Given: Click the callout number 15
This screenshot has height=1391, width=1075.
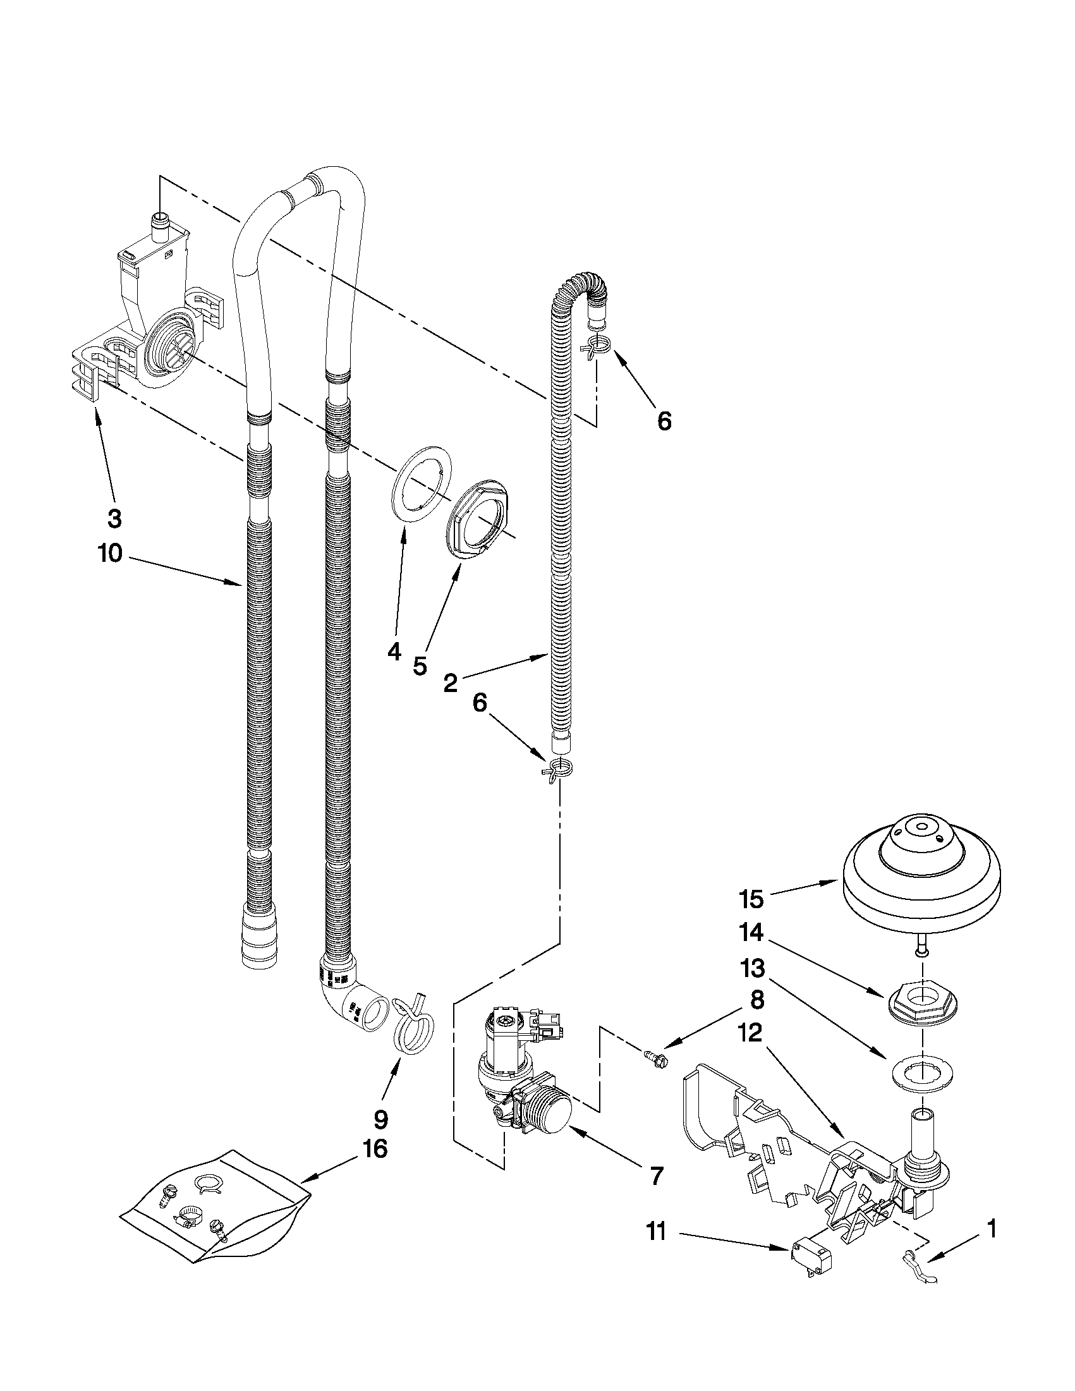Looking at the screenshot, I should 751,900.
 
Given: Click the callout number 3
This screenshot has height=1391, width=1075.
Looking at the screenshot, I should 114,518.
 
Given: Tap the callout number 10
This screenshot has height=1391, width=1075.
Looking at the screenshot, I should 109,554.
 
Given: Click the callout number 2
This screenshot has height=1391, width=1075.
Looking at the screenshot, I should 449,683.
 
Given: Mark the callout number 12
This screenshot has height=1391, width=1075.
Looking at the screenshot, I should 751,1033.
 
